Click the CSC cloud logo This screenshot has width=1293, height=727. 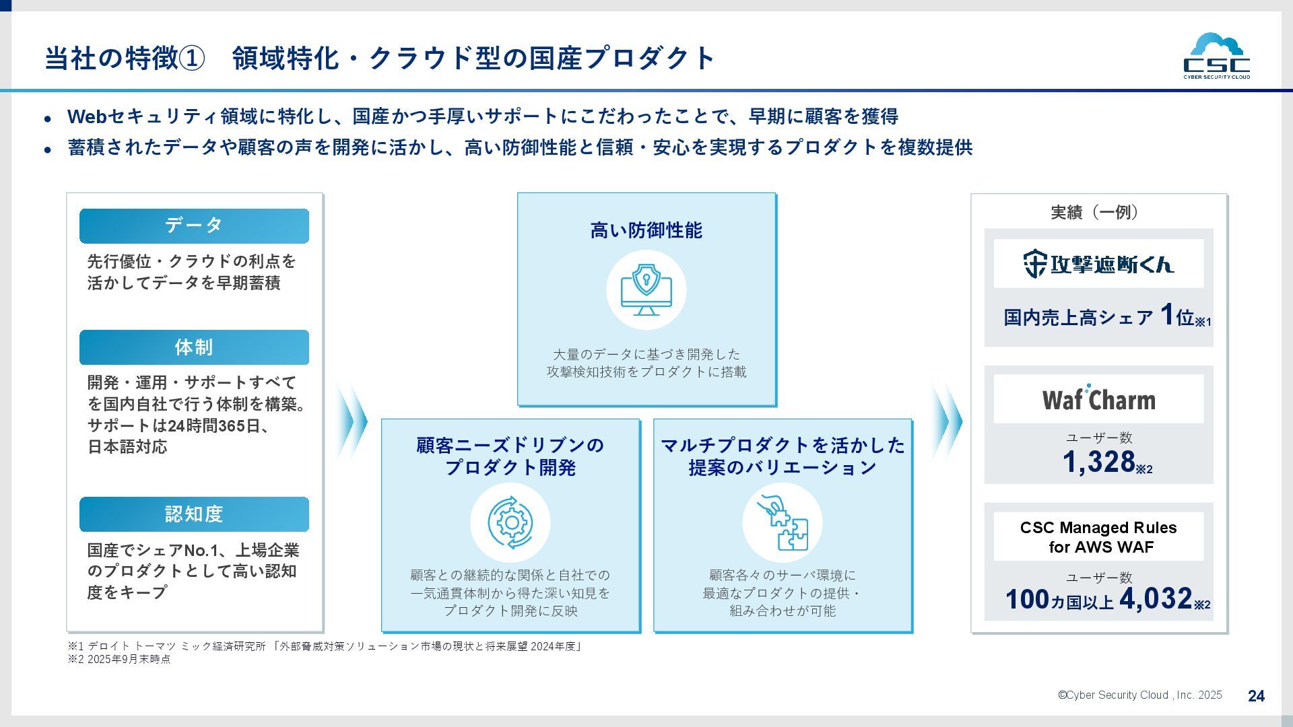1216,57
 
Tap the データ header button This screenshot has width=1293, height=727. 194,226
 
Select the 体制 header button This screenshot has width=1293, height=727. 194,347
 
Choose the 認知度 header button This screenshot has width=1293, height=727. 194,514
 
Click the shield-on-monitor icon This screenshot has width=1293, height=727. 646,290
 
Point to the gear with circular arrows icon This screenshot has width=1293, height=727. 510,522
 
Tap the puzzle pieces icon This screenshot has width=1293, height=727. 782,522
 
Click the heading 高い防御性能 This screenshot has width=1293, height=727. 646,231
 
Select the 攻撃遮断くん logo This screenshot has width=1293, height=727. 1098,264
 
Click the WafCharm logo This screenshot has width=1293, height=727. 1098,399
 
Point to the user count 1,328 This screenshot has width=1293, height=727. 1099,462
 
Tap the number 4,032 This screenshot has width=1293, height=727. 1156,598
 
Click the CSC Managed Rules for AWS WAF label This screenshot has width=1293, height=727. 1098,537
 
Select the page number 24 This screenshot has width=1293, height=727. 1256,696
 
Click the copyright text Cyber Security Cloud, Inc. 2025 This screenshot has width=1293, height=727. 1139,695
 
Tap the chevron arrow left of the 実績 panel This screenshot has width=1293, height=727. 947,422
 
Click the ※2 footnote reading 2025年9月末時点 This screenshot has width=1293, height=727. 120,660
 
